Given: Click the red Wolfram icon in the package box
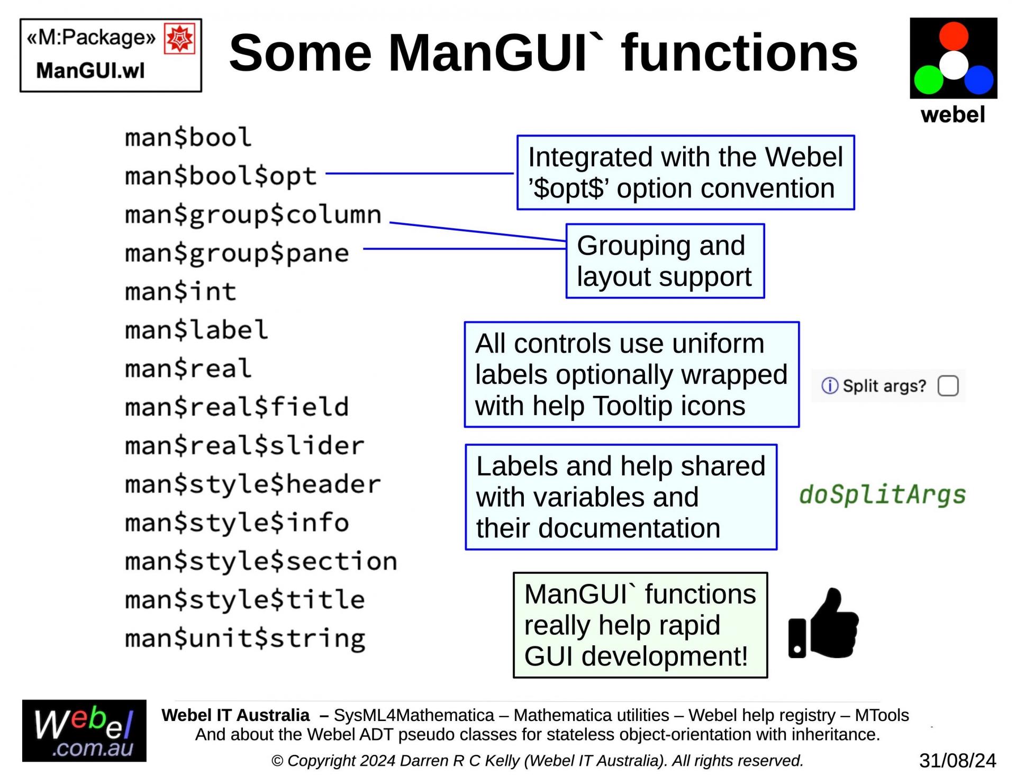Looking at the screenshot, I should point(179,39).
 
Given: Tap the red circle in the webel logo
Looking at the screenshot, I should point(954,36).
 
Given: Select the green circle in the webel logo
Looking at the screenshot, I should point(929,80).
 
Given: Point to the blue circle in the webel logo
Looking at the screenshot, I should point(978,80).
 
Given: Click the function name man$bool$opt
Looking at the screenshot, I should point(221,176).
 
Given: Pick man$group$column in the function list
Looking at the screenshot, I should point(253,214).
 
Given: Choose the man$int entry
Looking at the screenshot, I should point(180,292).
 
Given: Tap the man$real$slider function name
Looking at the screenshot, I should point(244,446).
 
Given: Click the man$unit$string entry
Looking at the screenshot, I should point(245,638).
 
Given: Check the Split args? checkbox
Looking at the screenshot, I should point(948,386).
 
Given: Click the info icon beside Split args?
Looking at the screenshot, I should point(829,386).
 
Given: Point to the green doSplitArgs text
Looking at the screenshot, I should point(882,495).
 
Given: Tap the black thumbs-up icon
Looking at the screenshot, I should point(823,624).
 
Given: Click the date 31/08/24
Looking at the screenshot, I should point(957,761).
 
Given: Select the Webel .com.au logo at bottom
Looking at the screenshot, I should point(84,731).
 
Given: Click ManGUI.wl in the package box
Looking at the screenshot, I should point(90,70).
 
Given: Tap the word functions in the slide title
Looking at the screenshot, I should point(739,53).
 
